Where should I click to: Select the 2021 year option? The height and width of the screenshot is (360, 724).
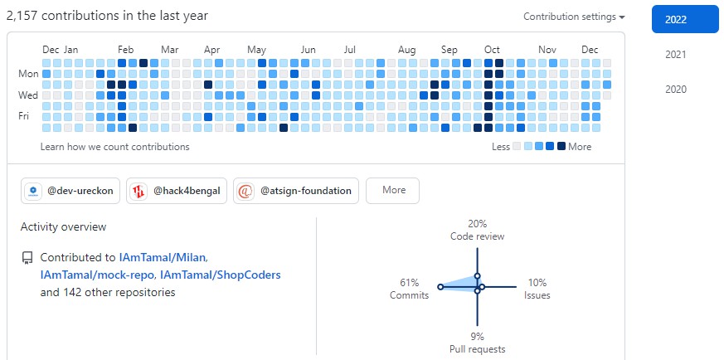676,55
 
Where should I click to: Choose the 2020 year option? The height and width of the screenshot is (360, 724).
676,90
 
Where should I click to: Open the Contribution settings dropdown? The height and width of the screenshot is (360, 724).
574,17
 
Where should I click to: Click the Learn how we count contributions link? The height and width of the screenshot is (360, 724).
114,147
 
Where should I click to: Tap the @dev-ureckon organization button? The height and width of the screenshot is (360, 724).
70,191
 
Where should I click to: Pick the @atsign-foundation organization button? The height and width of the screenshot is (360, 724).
296,191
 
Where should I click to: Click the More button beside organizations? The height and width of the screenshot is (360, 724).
392,190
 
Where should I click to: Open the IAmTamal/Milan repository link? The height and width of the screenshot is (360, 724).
163,258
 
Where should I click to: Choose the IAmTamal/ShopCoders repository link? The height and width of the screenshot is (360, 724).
221,275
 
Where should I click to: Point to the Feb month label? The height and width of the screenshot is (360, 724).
126,50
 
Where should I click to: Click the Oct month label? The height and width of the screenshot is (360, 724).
492,50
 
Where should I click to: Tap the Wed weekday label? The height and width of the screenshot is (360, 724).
28,95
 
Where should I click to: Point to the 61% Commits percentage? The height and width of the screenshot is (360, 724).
408,283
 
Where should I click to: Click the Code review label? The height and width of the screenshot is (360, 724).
477,236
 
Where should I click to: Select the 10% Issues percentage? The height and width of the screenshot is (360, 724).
537,283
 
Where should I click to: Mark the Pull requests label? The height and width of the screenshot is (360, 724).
477,349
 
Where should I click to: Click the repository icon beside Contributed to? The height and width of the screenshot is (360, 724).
27,258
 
